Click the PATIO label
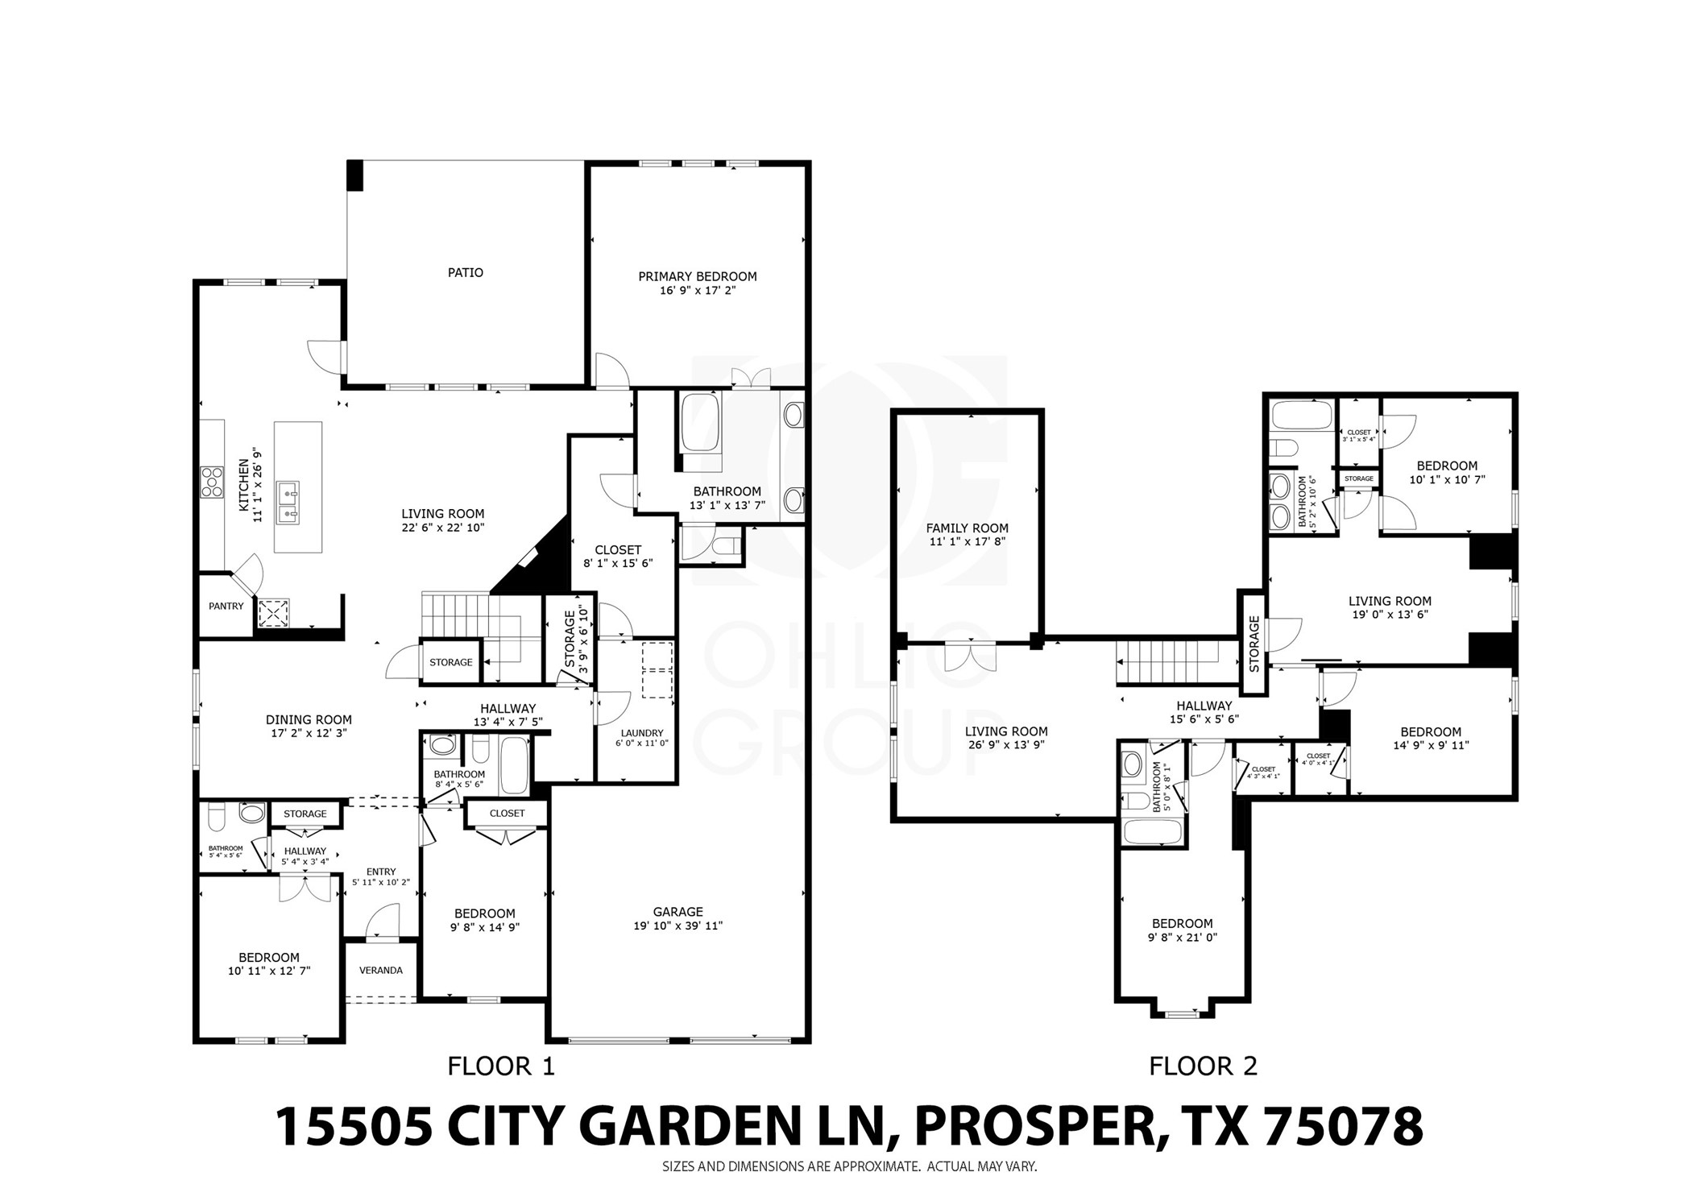[465, 273]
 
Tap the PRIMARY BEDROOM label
[697, 276]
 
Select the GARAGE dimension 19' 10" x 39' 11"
[678, 926]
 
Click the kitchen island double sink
[288, 502]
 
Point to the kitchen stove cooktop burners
[212, 482]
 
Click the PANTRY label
[226, 606]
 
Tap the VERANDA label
[380, 970]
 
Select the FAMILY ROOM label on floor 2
[967, 528]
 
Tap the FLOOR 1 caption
[501, 1066]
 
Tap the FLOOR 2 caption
[1202, 1066]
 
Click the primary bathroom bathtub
[701, 427]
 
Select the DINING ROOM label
[309, 720]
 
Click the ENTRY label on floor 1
[380, 872]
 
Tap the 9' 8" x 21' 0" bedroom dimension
[1182, 937]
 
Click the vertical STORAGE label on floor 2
[1254, 644]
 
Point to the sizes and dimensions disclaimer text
[849, 1166]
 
